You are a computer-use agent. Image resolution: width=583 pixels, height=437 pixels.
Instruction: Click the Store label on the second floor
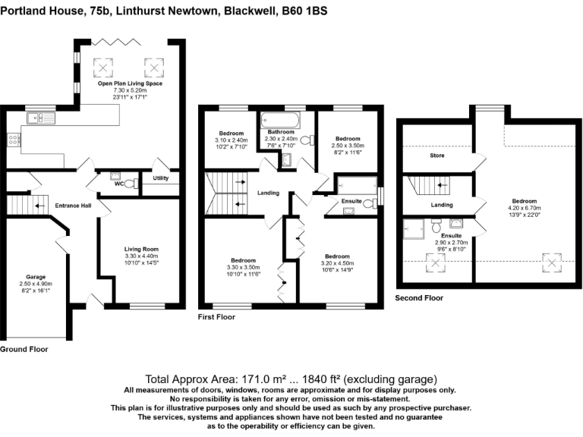coord(436,156)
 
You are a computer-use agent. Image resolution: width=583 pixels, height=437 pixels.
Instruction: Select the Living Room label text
coord(140,249)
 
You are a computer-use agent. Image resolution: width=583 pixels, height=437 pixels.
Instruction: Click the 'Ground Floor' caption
coord(24,350)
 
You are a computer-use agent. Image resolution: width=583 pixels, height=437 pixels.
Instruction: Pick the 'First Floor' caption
coord(216,316)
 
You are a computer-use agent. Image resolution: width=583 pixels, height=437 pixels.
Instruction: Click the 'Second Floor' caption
coord(419,298)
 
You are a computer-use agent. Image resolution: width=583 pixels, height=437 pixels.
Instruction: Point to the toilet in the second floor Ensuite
coord(436,225)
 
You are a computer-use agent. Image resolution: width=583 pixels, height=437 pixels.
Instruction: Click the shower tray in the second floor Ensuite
coord(414,227)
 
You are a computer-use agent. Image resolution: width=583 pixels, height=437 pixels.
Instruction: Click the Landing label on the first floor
coord(269,193)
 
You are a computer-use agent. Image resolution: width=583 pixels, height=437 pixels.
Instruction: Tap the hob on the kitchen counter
coord(12,140)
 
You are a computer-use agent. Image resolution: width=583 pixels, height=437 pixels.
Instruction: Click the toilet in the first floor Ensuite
coord(367,203)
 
